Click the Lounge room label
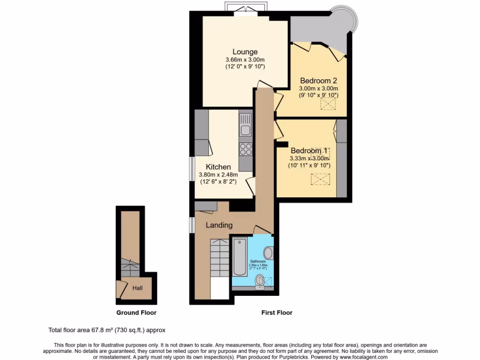(x=245, y=52)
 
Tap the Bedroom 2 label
(x=319, y=80)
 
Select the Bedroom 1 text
(x=309, y=150)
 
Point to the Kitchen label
(x=218, y=167)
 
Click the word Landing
(x=219, y=225)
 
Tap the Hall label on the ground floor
(x=137, y=288)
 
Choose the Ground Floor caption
(x=136, y=313)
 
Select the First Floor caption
(x=277, y=313)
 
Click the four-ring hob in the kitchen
(x=246, y=149)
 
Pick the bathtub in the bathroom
(x=240, y=257)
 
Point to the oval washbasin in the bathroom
(x=269, y=253)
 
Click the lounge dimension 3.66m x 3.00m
(x=245, y=60)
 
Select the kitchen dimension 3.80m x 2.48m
(x=218, y=175)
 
